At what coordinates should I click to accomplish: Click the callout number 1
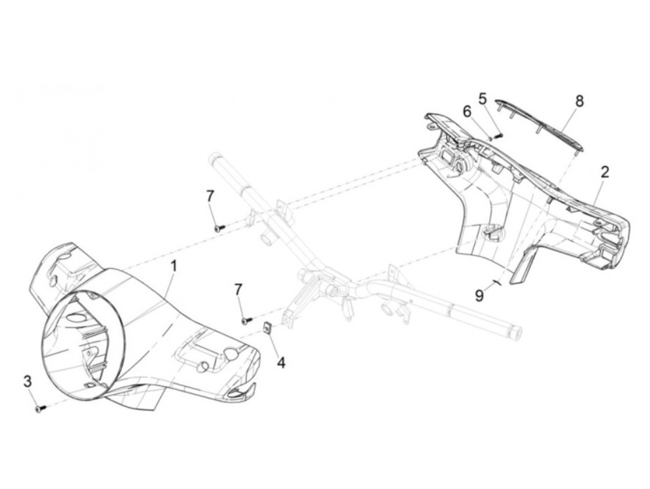[x=174, y=267]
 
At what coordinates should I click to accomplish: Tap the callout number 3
[x=28, y=382]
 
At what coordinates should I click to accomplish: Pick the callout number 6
[x=467, y=112]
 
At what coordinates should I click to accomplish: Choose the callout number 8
[x=579, y=101]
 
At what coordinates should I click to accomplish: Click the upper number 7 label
[x=210, y=196]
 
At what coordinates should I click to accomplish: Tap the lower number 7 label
[x=238, y=290]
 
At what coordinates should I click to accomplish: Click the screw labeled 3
[x=39, y=409]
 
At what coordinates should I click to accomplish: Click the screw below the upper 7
[x=219, y=228]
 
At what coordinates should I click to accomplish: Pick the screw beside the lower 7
[x=246, y=320]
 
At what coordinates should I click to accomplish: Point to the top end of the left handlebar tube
[x=217, y=158]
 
